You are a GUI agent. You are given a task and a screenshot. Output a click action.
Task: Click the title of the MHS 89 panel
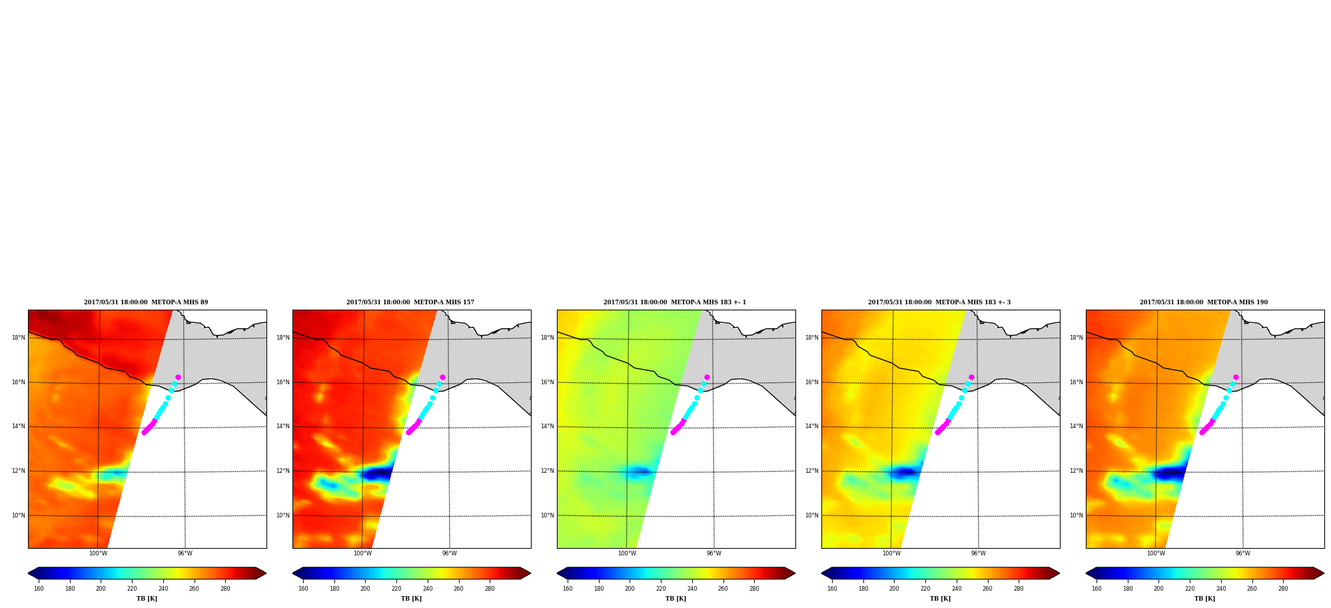146,302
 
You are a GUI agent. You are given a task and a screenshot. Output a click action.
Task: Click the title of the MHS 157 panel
410,302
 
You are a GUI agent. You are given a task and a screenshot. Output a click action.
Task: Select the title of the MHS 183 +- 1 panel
675,302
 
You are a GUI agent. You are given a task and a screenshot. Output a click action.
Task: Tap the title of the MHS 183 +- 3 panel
939,302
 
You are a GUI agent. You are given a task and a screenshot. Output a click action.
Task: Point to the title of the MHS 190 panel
1204,302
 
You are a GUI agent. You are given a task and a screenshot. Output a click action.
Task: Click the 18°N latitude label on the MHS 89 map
19,338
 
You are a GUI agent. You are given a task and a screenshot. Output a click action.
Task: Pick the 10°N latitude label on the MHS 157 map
283,515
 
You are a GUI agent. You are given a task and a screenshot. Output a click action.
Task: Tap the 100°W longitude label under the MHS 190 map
1156,553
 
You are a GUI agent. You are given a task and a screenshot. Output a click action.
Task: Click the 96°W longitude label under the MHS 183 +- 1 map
713,553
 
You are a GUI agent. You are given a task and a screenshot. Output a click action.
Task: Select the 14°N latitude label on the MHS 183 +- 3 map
812,427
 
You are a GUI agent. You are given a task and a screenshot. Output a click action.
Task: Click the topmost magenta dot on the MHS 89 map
178,377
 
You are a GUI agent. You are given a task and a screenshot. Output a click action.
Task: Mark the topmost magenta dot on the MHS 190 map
1236,377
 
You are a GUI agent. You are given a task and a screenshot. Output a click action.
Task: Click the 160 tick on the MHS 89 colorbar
39,589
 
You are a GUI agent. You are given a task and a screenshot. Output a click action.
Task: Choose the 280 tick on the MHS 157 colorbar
490,589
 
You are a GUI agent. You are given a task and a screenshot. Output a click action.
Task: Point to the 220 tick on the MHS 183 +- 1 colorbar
661,589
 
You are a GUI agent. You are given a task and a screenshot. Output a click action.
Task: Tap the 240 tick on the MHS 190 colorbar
1221,589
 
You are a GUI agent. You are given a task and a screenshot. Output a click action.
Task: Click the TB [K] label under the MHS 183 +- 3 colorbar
941,599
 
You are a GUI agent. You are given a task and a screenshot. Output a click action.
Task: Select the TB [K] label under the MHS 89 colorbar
147,599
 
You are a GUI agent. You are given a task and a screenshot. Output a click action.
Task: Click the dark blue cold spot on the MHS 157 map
377,474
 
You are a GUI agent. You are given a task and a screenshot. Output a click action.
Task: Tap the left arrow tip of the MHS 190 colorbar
1087,573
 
